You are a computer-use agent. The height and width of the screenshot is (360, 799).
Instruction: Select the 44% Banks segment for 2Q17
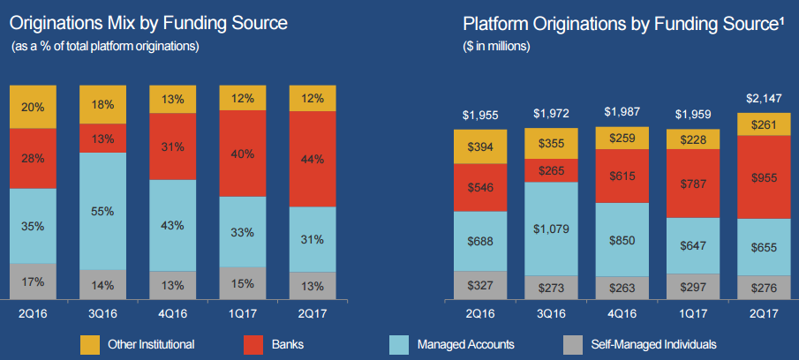(313, 159)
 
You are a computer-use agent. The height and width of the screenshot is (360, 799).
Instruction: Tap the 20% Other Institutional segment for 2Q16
(34, 108)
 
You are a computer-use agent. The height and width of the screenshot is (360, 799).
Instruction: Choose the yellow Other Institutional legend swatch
(90, 344)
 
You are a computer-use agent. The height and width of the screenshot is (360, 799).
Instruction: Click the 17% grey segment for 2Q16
(34, 282)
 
